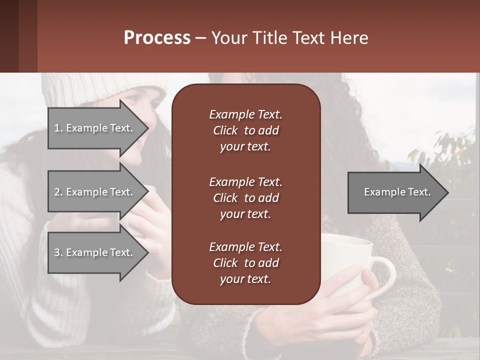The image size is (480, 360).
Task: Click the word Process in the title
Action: click(x=157, y=38)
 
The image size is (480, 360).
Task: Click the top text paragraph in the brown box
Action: click(x=245, y=130)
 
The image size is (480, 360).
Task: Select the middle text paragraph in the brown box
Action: click(x=245, y=197)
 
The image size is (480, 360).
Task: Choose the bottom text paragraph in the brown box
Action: click(x=245, y=262)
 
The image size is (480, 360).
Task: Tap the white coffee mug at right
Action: click(x=350, y=260)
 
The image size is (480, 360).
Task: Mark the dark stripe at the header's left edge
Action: click(x=9, y=36)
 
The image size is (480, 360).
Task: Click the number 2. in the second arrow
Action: click(x=58, y=192)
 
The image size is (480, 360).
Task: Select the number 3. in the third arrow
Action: click(x=58, y=252)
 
